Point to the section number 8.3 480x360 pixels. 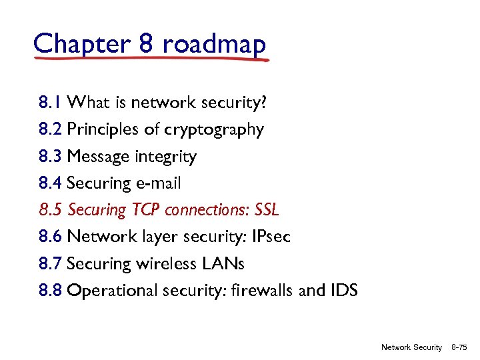[51, 157]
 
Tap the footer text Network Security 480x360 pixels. [411, 347]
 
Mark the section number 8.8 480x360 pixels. [51, 291]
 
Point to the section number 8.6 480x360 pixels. [51, 237]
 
